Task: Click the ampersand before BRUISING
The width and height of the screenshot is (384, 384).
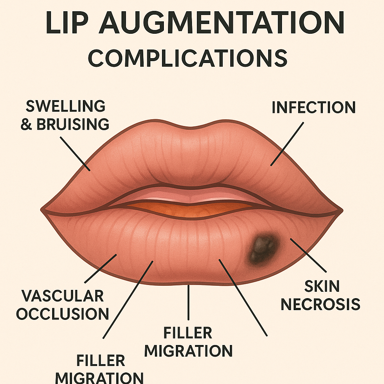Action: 26,124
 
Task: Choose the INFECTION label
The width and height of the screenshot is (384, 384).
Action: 313,108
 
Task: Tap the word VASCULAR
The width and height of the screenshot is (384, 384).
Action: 63,296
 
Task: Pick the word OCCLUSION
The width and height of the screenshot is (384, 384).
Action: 63,313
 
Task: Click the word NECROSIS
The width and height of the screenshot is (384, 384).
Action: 321,304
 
